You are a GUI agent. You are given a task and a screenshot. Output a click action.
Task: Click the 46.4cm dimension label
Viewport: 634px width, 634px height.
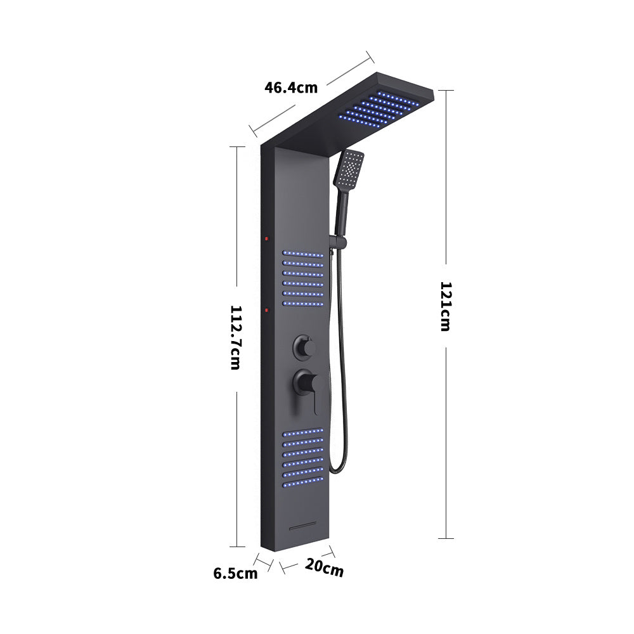tap(291, 87)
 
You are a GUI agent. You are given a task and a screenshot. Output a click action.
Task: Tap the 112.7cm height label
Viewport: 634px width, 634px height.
tap(235, 337)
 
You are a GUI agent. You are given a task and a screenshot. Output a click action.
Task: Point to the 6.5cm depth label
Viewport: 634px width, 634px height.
tap(235, 574)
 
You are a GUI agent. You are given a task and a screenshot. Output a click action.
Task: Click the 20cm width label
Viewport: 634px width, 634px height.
tap(324, 568)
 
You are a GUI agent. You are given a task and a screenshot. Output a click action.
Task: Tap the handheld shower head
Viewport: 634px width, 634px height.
tap(349, 168)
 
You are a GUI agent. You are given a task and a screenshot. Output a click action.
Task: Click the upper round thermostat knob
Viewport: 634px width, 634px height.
tap(302, 347)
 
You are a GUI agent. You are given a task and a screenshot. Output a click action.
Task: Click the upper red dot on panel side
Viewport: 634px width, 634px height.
tap(267, 239)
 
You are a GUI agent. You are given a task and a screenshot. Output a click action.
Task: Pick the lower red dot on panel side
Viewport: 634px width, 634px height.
tap(267, 311)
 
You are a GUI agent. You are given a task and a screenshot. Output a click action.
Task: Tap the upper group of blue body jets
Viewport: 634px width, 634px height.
tap(303, 278)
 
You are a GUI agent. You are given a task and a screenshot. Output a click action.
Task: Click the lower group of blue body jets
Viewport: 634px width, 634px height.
tap(303, 458)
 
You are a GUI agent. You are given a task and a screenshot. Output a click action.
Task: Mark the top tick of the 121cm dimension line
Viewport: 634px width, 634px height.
tap(446, 90)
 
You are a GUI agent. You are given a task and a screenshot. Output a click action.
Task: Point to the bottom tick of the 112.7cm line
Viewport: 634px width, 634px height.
tap(236, 546)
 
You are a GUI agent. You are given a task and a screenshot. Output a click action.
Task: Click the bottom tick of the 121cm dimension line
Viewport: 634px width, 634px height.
tap(446, 538)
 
